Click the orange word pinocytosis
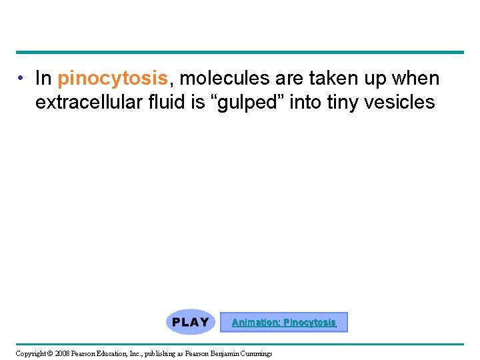click(x=113, y=79)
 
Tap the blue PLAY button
click(x=191, y=322)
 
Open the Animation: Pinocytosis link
click(x=283, y=323)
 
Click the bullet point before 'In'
click(x=22, y=79)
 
